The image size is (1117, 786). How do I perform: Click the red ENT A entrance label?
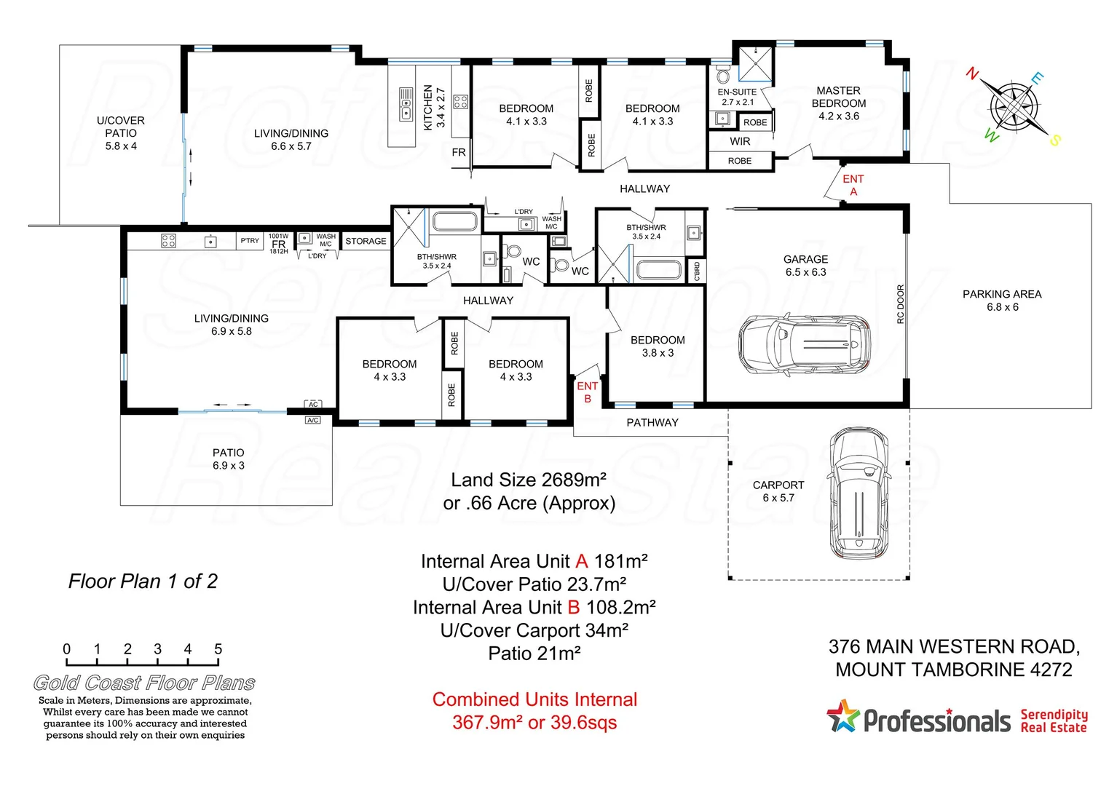(853, 185)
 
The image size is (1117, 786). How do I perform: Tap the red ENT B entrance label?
(587, 392)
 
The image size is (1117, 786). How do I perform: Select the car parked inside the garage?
(805, 344)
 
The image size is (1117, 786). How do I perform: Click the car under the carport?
(859, 493)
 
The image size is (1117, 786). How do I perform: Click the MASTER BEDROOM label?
(838, 103)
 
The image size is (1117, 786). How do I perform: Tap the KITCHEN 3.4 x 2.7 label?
(434, 107)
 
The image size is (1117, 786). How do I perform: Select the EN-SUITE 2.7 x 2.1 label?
(737, 97)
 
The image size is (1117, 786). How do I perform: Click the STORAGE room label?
(366, 241)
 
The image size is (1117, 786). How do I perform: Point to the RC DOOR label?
(900, 303)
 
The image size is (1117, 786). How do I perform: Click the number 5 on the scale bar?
(218, 648)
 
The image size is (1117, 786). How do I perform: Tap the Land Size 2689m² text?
(529, 480)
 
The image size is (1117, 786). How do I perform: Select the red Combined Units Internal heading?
(534, 699)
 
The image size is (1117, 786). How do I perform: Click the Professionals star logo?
(843, 716)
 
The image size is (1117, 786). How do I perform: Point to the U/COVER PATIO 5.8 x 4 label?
(121, 132)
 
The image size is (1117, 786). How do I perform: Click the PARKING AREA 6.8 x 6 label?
(1002, 300)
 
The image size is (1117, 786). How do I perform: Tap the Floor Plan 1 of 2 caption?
(143, 581)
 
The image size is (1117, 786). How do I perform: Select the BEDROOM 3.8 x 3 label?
(658, 346)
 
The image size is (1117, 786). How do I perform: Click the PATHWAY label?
(652, 422)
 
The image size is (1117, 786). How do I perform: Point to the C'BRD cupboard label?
(696, 271)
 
